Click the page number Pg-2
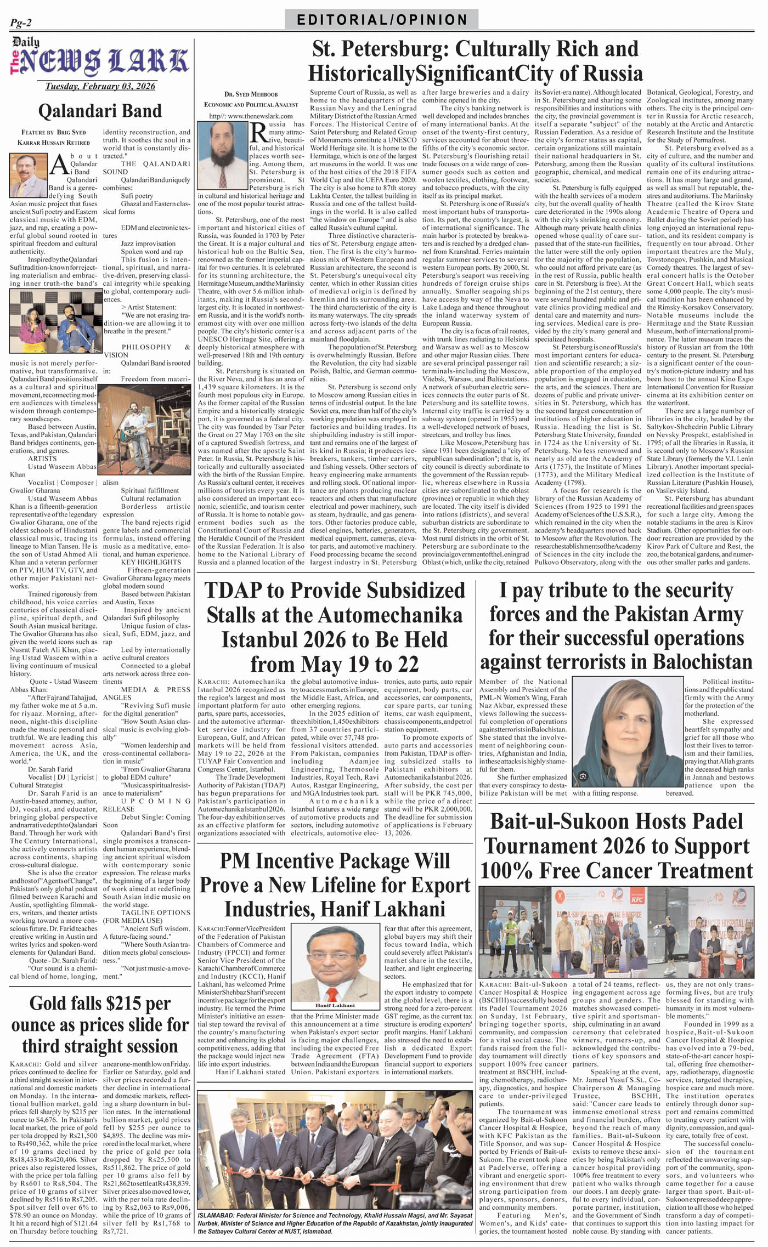point(21,22)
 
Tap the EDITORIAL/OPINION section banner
point(382,20)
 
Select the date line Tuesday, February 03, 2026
point(100,86)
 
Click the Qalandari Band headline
point(100,111)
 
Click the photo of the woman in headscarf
point(627,732)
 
